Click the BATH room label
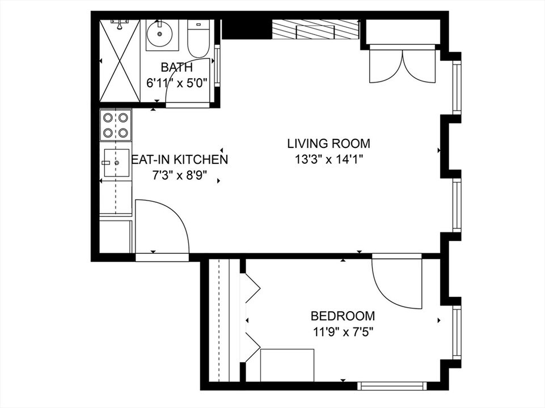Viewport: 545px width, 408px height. coord(176,67)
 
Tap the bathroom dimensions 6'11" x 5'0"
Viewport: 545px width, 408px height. coord(176,82)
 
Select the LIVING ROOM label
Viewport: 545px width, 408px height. coord(328,143)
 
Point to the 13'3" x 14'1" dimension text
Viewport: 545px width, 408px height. coord(328,159)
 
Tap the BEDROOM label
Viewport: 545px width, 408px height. coord(343,316)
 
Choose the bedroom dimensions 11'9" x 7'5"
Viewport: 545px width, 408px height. coord(342,331)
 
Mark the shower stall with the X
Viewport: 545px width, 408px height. coord(120,61)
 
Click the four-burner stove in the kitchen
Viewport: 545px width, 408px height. coord(116,125)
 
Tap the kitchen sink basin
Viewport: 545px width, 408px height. coord(116,163)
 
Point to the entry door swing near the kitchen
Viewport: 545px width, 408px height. coord(162,227)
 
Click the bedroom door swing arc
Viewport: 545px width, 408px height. coord(397,283)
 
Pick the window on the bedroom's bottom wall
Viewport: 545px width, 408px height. coord(392,386)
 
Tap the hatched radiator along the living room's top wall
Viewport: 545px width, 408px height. coord(315,29)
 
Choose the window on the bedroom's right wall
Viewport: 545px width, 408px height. coord(457,332)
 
